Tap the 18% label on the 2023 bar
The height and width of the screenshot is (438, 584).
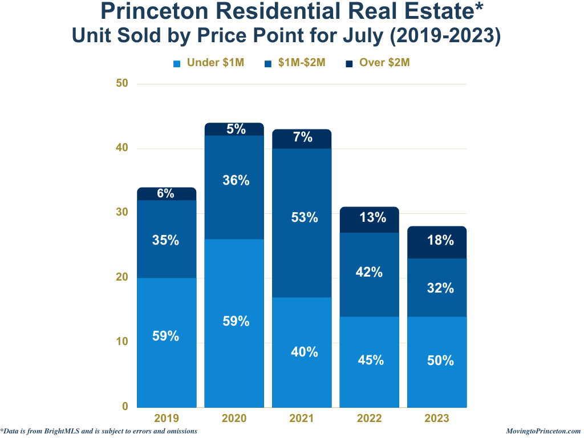[x=440, y=241]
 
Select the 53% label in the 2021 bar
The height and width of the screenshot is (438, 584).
[x=304, y=217]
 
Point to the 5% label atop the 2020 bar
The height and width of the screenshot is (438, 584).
[x=236, y=129]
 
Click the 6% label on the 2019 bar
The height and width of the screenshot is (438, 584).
[x=165, y=193]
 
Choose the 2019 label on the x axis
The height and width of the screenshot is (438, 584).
[x=167, y=419]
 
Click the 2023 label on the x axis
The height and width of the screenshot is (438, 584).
[x=437, y=419]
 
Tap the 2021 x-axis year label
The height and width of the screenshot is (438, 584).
[x=302, y=419]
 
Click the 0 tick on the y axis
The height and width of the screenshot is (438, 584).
[x=125, y=407]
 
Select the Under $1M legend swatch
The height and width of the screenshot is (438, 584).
[x=177, y=63]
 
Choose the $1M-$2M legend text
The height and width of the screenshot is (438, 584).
[x=302, y=63]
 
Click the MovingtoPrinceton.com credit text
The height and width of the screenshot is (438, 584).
[x=543, y=431]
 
